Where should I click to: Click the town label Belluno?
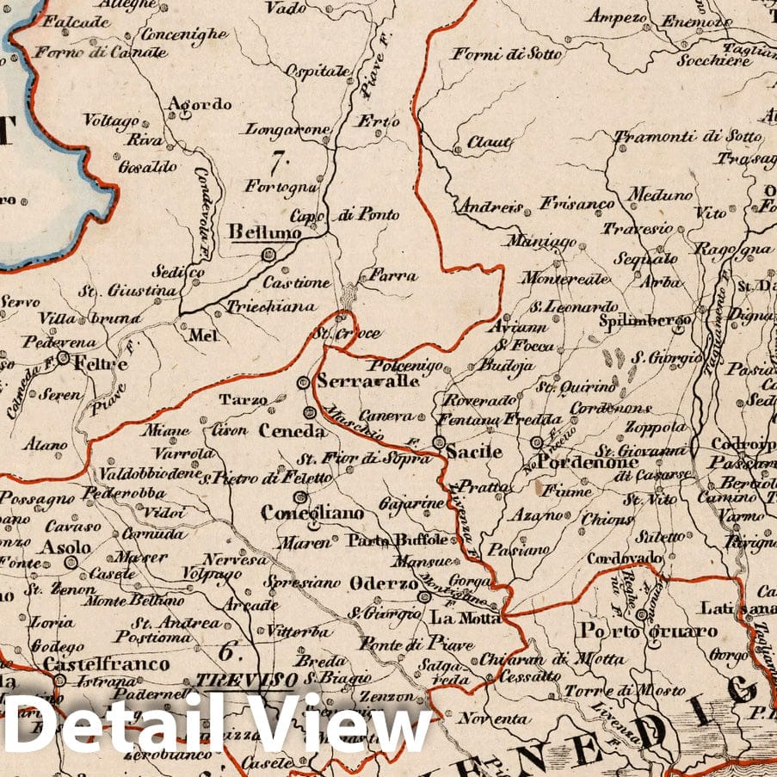265,232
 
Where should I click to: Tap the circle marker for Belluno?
268,254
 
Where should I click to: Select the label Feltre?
100,364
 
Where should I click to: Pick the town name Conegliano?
312,513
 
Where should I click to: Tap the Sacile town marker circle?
439,443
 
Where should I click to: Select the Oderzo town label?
383,583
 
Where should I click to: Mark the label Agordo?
200,105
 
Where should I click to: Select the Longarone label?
287,130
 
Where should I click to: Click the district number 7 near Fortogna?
276,161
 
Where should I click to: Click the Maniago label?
540,242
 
